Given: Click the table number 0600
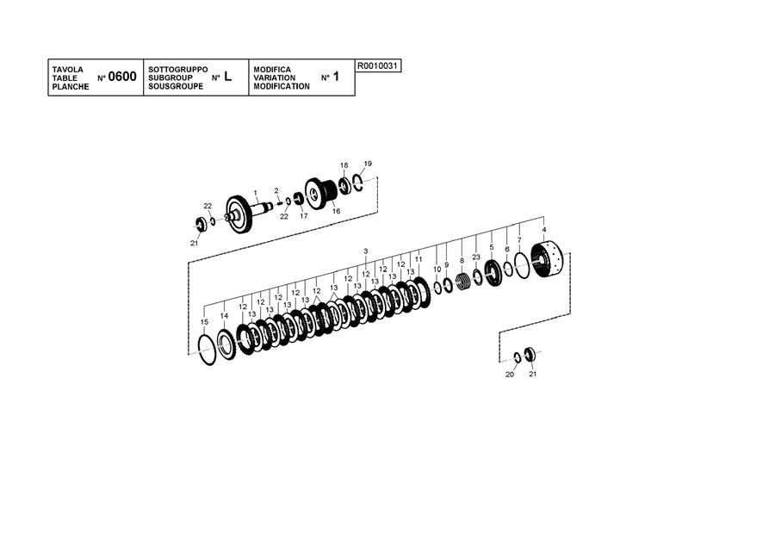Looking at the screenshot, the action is point(122,77).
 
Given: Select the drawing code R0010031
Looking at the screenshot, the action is point(378,65).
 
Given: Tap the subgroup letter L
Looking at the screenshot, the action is point(227,77).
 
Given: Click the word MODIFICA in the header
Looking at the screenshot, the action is point(272,70).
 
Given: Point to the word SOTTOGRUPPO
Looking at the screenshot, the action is point(178,70).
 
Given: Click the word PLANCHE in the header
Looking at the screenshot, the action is point(71,86).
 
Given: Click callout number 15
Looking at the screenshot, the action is point(205,322).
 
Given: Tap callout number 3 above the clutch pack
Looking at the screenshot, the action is point(366,251).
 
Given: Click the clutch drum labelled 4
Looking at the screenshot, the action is point(547,260).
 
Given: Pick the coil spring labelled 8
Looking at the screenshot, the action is point(463,282).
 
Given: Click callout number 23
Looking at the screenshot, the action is point(476,257).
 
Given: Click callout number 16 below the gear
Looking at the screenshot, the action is point(336,211).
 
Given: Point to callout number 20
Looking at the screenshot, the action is point(510,375).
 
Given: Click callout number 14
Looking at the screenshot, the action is point(225,316).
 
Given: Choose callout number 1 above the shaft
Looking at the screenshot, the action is point(256,193).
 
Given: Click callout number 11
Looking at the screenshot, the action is point(418,259).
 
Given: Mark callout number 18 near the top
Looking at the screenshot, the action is point(344,165).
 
